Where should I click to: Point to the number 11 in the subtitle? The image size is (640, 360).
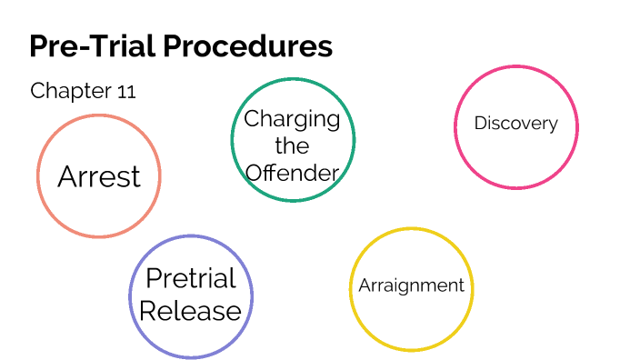point(126,91)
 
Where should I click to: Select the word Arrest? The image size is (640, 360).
point(99,176)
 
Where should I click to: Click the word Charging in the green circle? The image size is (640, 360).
point(292,119)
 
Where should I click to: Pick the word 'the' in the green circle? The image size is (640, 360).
point(292,145)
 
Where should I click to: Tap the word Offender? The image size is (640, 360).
point(292,172)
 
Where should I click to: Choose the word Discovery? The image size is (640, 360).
point(515,124)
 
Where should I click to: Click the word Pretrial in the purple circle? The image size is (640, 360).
point(191,279)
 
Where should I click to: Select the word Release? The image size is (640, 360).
point(191,311)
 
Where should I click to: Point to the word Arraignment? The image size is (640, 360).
point(411,285)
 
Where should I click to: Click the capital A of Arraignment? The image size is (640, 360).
point(364,285)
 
